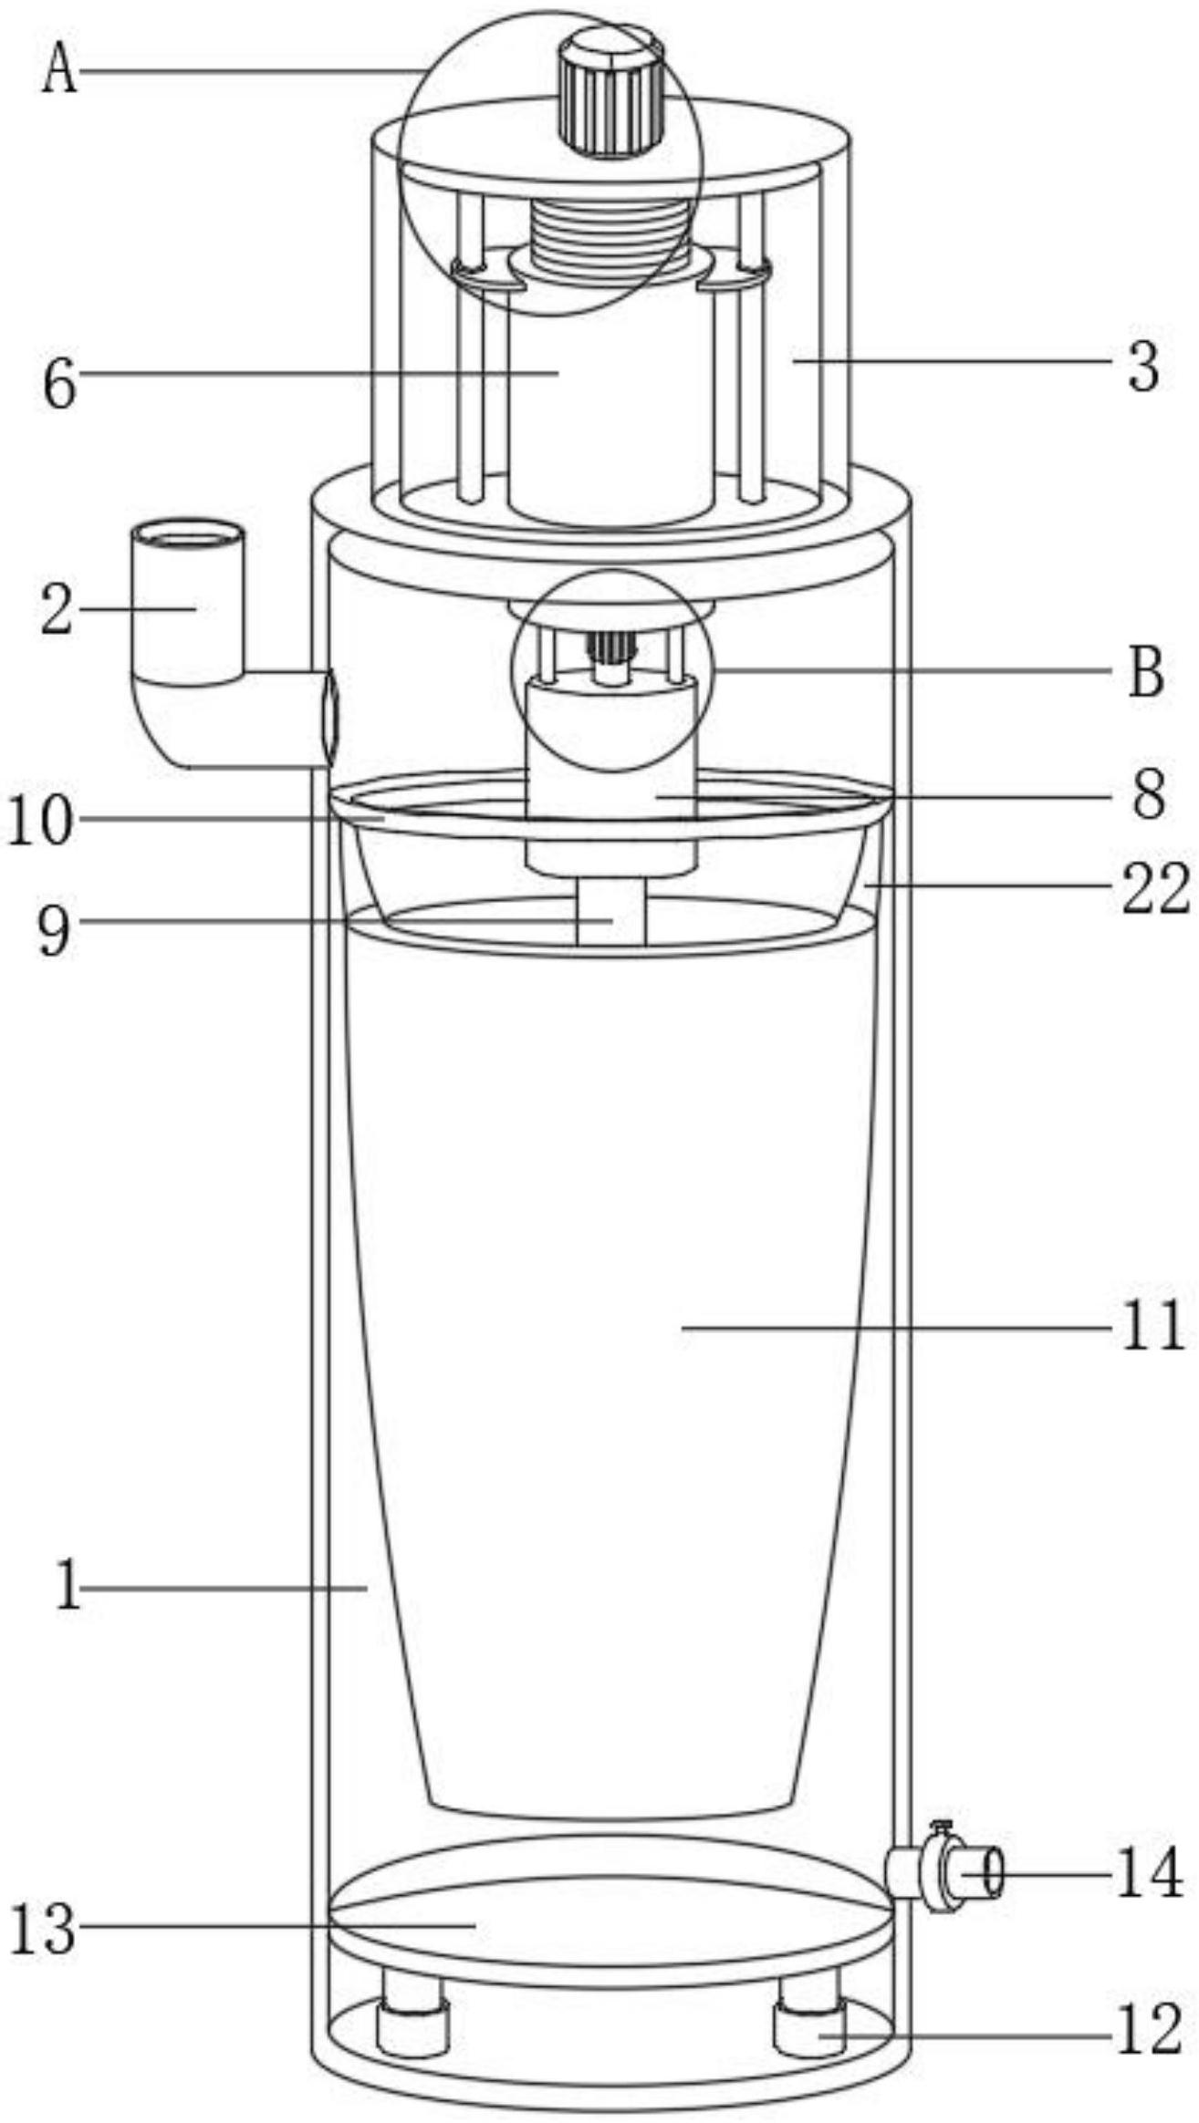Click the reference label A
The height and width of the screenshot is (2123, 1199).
pyautogui.click(x=60, y=70)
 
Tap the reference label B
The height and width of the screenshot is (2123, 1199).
pyautogui.click(x=1147, y=672)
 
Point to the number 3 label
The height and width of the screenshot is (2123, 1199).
pyautogui.click(x=1143, y=366)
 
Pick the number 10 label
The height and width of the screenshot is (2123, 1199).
pyautogui.click(x=39, y=821)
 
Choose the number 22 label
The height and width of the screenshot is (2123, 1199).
pyautogui.click(x=1155, y=889)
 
